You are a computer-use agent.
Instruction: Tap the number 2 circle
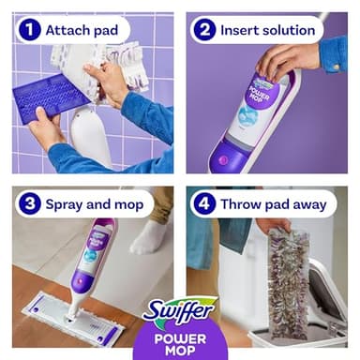[x=203, y=30]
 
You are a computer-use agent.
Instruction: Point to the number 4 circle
[x=203, y=202]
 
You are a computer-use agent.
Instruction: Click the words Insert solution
[x=266, y=30]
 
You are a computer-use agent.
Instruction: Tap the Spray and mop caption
[x=94, y=202]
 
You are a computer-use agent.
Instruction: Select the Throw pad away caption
[x=273, y=202]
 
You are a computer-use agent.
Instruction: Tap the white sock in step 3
[x=148, y=237]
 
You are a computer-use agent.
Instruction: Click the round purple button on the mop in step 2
[x=223, y=158]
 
